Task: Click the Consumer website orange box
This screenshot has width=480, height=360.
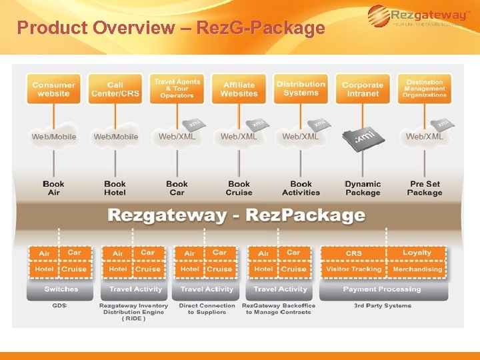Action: point(53,89)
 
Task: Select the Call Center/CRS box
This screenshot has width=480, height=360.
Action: point(115,89)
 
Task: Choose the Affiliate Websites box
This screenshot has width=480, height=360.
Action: point(239,89)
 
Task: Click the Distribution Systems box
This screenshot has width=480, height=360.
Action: point(301,89)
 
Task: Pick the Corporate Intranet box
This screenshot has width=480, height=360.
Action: point(363,89)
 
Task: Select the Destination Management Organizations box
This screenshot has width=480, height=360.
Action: point(425,89)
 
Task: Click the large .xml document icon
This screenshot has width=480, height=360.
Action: point(363,137)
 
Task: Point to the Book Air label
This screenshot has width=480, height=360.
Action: point(53,188)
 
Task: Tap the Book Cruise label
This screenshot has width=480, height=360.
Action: point(239,188)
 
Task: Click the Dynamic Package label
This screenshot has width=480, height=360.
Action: point(363,188)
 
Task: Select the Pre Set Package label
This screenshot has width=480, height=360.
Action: point(425,188)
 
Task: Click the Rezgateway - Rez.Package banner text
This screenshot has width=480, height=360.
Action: point(237,215)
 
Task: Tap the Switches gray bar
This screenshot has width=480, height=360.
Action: point(61,289)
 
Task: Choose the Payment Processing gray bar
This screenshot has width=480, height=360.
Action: point(382,289)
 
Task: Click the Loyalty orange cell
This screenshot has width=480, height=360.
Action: point(417,253)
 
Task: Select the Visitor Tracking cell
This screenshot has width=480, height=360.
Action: point(353,269)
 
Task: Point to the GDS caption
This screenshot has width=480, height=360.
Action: point(60,306)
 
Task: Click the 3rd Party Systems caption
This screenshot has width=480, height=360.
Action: point(382,306)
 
